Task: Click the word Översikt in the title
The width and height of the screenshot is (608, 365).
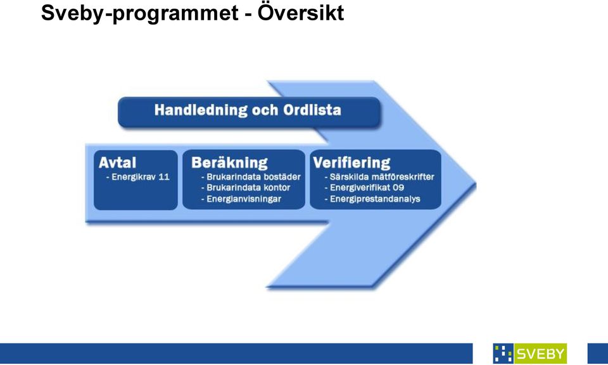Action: tap(301, 13)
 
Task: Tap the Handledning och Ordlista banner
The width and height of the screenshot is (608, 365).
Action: tap(249, 112)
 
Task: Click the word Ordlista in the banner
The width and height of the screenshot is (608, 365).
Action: tap(312, 110)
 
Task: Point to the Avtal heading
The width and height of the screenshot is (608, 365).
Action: tap(118, 162)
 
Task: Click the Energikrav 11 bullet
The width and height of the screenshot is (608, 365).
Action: tap(137, 177)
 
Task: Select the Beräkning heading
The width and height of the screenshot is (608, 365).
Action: tap(229, 162)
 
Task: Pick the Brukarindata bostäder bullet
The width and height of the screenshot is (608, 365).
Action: tap(251, 177)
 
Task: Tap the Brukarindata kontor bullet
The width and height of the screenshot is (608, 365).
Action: tap(246, 188)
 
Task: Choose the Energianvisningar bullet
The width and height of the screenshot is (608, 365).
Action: tap(241, 199)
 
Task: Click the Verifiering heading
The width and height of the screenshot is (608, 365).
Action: tap(351, 162)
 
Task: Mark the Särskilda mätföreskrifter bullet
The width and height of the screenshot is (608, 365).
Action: tap(379, 177)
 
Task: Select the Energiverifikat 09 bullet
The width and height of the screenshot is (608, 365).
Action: tap(364, 188)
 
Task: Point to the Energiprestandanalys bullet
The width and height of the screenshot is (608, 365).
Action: tap(372, 199)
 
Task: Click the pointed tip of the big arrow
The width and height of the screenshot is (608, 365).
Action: tap(476, 185)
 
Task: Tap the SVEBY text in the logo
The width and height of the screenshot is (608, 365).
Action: tap(540, 354)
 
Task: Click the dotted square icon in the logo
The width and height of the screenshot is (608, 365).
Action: tap(503, 354)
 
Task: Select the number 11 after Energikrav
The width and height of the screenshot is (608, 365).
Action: tap(164, 177)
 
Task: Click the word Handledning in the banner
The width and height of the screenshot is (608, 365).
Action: tap(201, 110)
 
